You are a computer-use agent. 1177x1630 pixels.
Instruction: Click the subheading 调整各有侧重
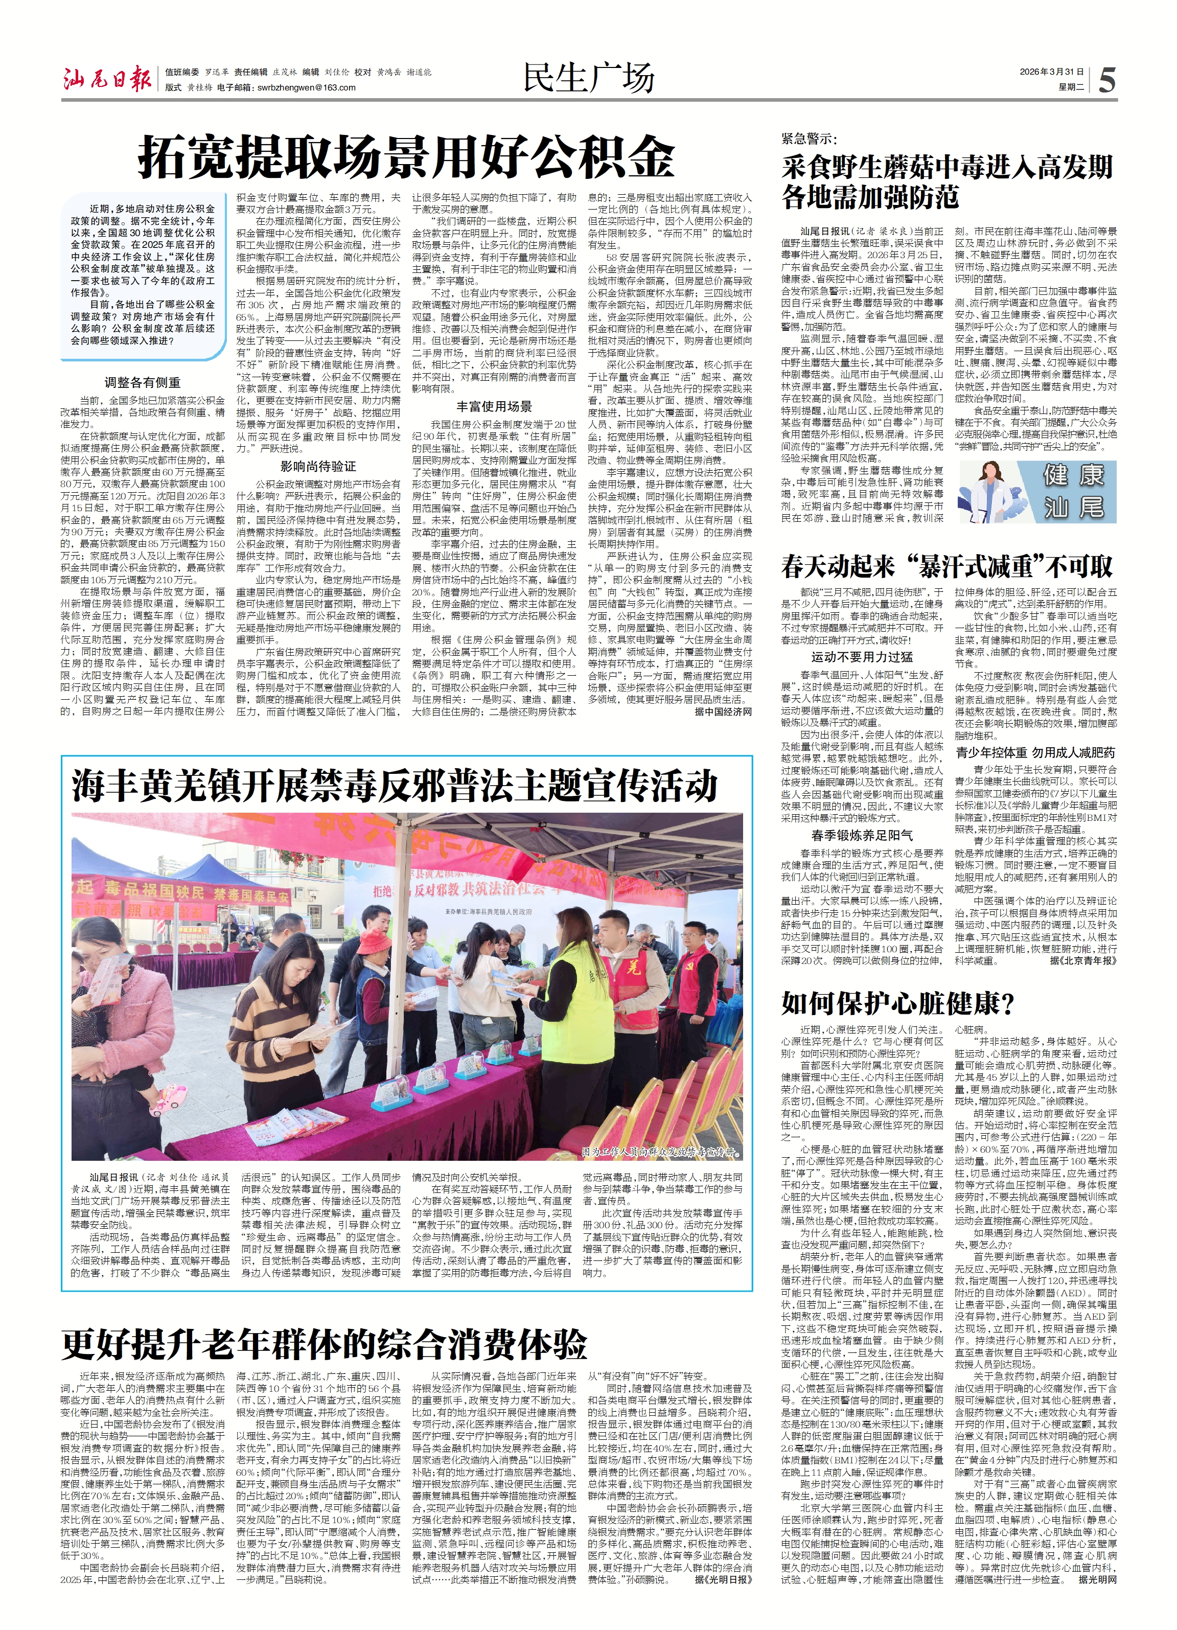[x=142, y=383]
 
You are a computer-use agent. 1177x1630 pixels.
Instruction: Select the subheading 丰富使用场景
[x=494, y=406]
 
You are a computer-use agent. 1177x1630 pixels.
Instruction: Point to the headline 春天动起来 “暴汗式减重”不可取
[x=947, y=567]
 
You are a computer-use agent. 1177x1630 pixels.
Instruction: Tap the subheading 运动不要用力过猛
[x=862, y=656]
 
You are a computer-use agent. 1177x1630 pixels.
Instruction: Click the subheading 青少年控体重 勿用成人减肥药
[x=1035, y=752]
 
